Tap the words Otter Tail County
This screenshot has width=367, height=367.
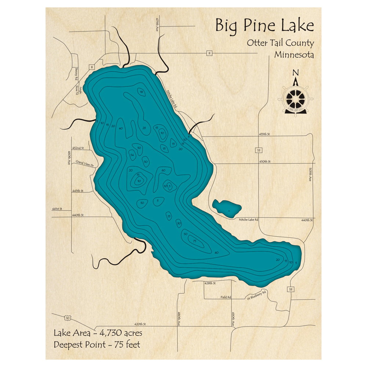(x=280, y=43)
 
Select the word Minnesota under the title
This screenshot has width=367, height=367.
(x=294, y=55)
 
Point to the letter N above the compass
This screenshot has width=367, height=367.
(x=295, y=73)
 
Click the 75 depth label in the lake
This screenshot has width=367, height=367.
(x=195, y=240)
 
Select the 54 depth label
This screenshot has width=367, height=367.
(x=132, y=155)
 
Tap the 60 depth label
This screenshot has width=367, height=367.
(x=163, y=170)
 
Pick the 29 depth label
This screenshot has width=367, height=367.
(x=144, y=128)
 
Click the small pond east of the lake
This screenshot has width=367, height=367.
(x=227, y=208)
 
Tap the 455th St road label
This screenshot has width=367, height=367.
(x=264, y=135)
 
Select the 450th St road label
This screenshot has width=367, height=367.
(x=265, y=161)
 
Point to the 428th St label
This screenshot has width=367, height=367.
(x=209, y=283)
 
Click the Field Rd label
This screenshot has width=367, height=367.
(x=226, y=297)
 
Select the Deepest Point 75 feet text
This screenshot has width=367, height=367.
(x=97, y=345)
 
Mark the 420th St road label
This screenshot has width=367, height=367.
(x=140, y=324)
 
